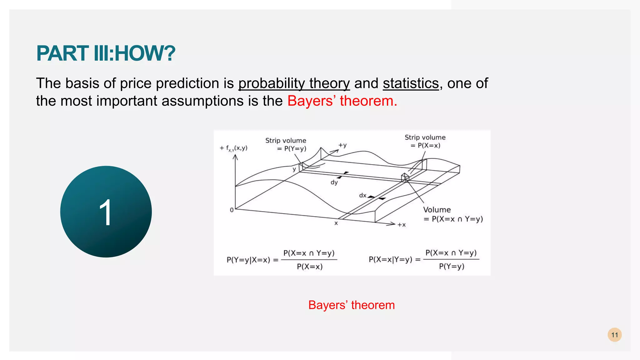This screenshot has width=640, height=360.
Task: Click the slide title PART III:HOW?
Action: click(x=106, y=53)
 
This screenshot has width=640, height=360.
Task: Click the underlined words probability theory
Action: click(x=294, y=83)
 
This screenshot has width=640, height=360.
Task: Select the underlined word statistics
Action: click(x=411, y=83)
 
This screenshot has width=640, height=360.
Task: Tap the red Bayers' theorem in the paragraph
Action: click(x=342, y=101)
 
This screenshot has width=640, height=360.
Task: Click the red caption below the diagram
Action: click(x=351, y=305)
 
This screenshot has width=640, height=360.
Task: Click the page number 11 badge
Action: click(x=614, y=335)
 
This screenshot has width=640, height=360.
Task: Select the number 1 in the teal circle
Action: click(x=106, y=212)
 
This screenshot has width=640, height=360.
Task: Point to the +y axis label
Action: click(x=342, y=145)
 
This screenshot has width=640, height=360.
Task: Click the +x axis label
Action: click(x=401, y=225)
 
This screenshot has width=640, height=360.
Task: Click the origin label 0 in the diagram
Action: click(x=232, y=210)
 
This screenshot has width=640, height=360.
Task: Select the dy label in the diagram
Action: click(x=334, y=182)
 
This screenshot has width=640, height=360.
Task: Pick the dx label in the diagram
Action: click(x=362, y=195)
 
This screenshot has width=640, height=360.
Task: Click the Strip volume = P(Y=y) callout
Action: click(x=286, y=145)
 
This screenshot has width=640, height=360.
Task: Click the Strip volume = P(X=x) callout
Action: click(x=425, y=141)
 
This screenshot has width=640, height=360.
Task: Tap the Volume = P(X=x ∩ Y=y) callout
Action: click(x=452, y=214)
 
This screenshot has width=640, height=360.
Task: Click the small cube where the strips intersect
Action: click(x=405, y=177)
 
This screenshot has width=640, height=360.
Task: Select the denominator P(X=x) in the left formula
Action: click(x=309, y=267)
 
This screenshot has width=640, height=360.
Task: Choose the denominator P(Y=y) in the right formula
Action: click(x=451, y=266)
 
